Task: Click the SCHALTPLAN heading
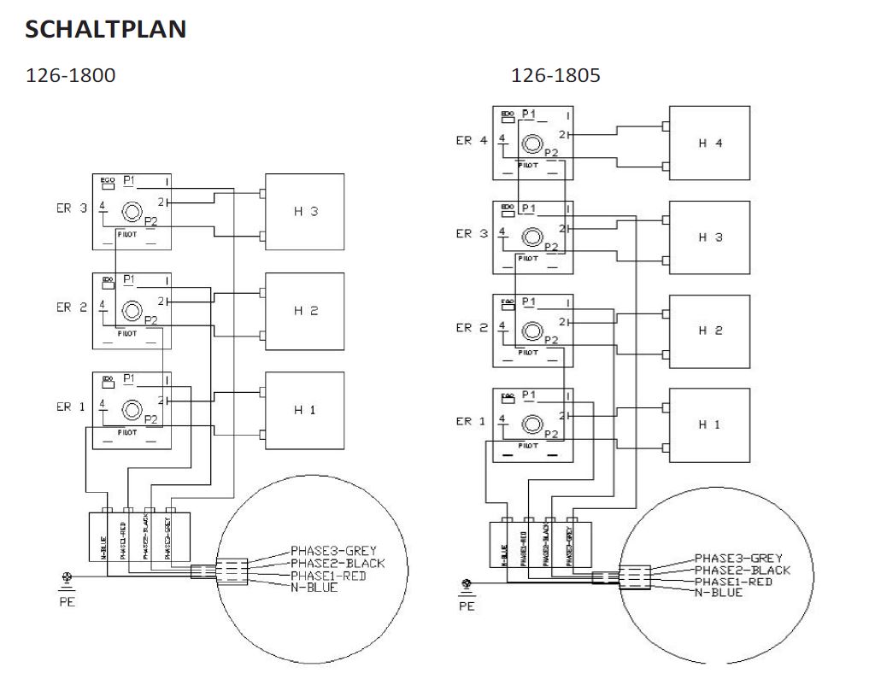pyautogui.click(x=106, y=29)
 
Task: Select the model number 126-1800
pyautogui.click(x=71, y=75)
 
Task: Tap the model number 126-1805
pyautogui.click(x=555, y=75)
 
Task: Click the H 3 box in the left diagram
pyautogui.click(x=305, y=212)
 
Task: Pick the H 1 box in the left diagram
pyautogui.click(x=305, y=410)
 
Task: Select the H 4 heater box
pyautogui.click(x=709, y=143)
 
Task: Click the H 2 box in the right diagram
pyautogui.click(x=709, y=331)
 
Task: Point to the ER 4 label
pyautogui.click(x=471, y=141)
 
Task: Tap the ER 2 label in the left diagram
pyautogui.click(x=72, y=307)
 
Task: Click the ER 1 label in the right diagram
pyautogui.click(x=471, y=421)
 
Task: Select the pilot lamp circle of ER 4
pyautogui.click(x=531, y=143)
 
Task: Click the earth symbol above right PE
pyautogui.click(x=467, y=586)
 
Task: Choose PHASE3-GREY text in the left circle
pyautogui.click(x=333, y=550)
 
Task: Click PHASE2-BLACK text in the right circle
pyautogui.click(x=743, y=571)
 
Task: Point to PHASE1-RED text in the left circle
pyautogui.click(x=327, y=575)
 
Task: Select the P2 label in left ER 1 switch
pyautogui.click(x=150, y=419)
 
